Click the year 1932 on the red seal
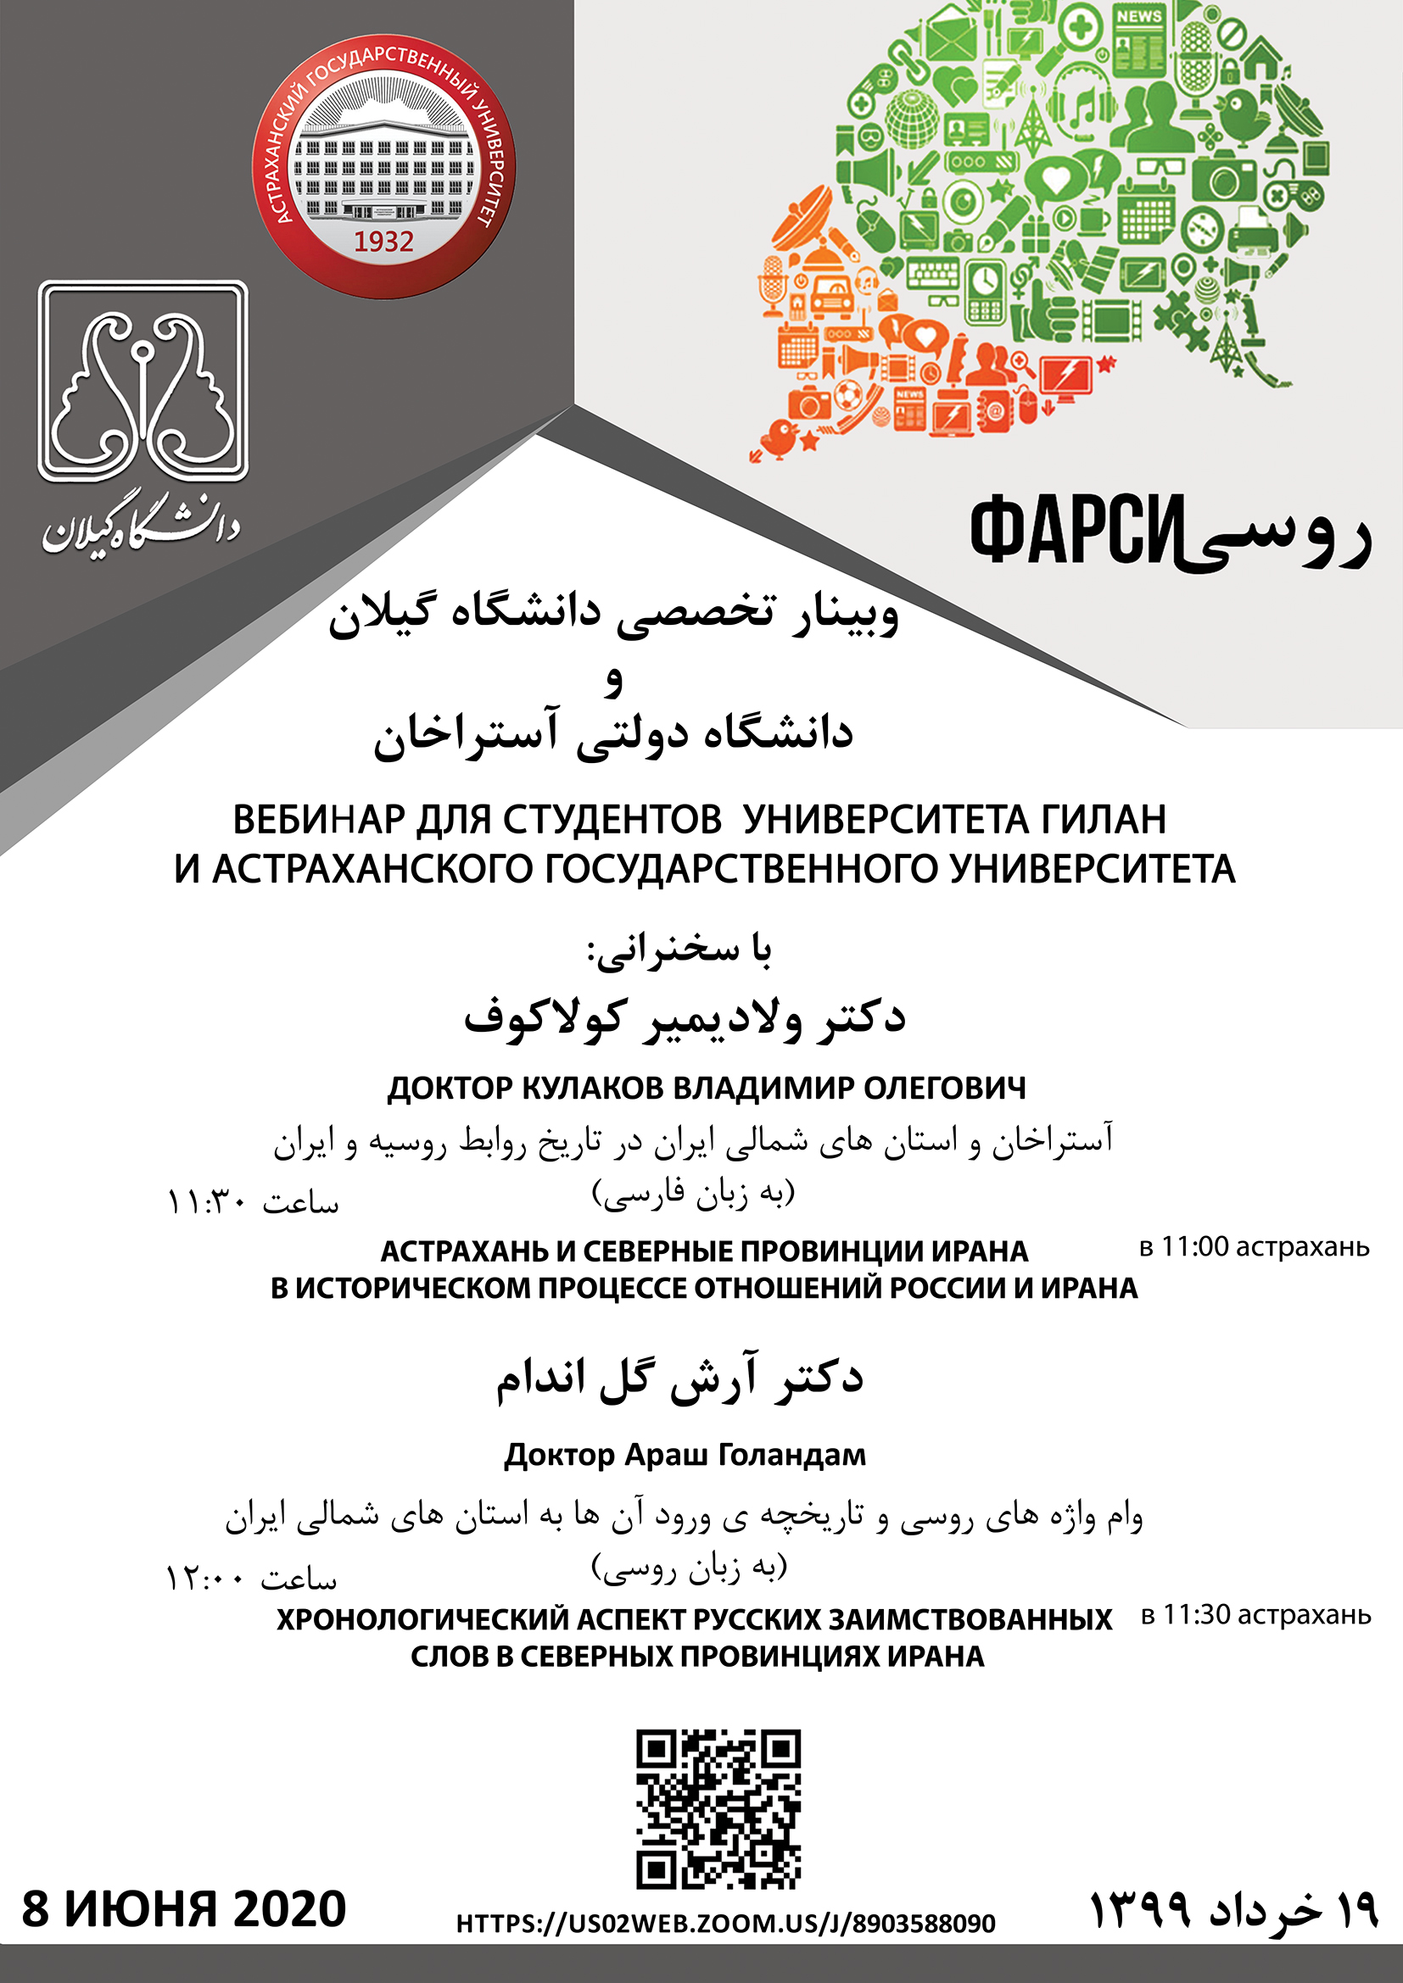click(383, 241)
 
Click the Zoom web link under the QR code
click(726, 1924)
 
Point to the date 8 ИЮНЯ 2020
click(184, 1908)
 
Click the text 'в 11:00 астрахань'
click(1255, 1246)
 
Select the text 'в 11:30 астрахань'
click(1256, 1614)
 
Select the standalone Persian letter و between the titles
click(613, 681)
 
